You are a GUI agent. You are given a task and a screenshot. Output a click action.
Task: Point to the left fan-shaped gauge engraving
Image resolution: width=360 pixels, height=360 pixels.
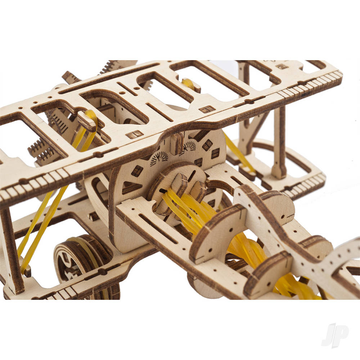(159, 158)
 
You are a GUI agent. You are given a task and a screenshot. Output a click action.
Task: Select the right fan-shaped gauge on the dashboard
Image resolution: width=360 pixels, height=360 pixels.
(189, 145)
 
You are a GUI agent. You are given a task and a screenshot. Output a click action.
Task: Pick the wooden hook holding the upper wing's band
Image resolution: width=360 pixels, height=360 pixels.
(87, 122)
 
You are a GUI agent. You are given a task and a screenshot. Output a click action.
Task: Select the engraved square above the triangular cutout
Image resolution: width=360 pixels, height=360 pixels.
(137, 170)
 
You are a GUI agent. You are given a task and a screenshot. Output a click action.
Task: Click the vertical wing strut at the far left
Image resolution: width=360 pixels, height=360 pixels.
(11, 248)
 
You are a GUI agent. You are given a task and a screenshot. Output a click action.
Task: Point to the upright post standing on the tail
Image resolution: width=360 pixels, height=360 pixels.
(279, 144)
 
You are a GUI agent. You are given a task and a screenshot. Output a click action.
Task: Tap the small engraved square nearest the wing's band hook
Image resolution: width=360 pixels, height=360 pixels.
(134, 135)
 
